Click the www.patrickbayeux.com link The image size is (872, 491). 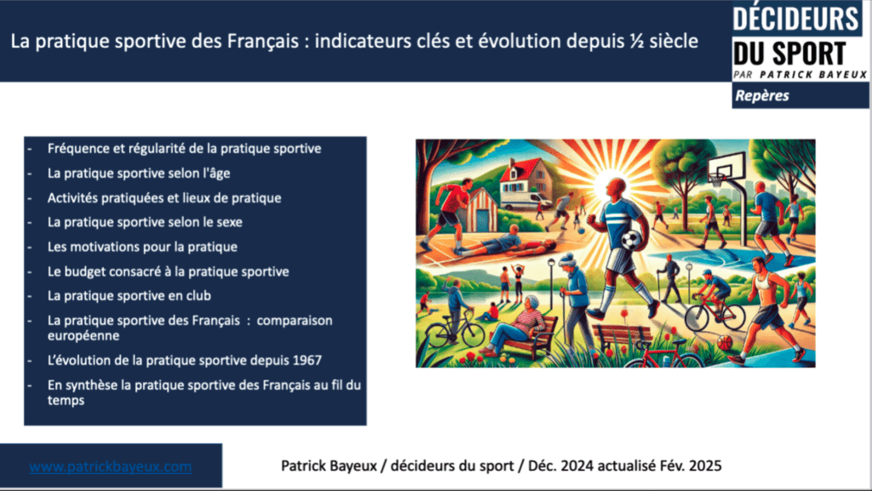(x=111, y=467)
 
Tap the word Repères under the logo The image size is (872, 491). (x=762, y=95)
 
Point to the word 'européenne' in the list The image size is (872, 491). (x=84, y=334)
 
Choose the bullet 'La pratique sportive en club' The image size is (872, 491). (x=129, y=296)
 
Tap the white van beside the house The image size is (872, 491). (x=525, y=200)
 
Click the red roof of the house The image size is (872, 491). (x=518, y=166)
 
